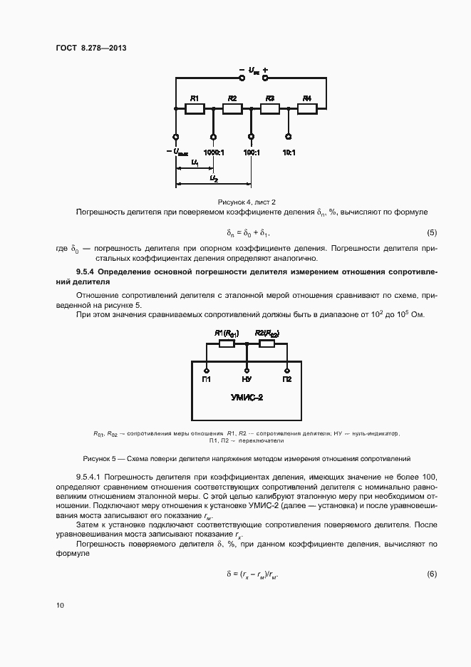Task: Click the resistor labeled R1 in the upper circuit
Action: point(195,109)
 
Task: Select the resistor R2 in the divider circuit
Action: point(232,109)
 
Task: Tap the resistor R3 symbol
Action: point(269,109)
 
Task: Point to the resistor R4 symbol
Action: point(307,109)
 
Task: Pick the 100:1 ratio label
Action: point(251,152)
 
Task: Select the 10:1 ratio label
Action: point(289,152)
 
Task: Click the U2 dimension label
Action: point(214,178)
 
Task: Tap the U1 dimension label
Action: point(195,163)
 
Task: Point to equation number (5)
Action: point(431,233)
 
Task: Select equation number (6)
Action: point(431,574)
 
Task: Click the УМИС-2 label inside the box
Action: point(247,398)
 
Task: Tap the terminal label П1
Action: point(207,379)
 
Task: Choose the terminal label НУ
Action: point(247,379)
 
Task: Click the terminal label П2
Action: point(286,379)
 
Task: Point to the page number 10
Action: point(60,605)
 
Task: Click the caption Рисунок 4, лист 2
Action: point(247,202)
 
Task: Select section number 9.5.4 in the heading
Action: point(86,272)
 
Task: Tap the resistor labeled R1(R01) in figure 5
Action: point(227,343)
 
